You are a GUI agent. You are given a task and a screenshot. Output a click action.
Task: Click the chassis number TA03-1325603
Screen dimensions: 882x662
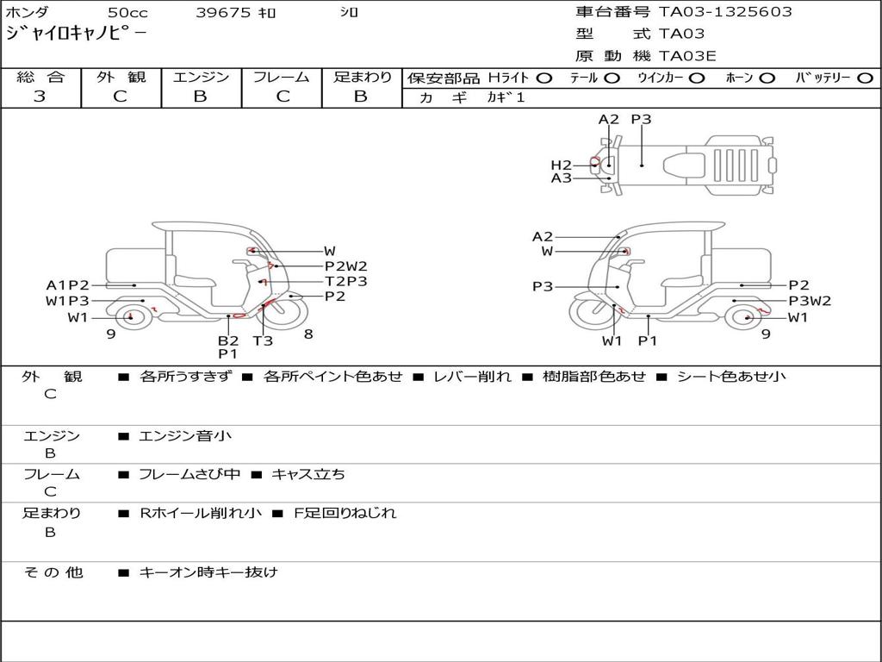[725, 12]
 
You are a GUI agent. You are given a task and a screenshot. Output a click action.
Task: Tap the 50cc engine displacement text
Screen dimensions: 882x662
[127, 13]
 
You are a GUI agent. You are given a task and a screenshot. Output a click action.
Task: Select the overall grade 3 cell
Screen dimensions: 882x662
[40, 97]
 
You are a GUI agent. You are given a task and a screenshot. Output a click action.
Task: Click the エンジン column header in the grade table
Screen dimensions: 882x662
[201, 77]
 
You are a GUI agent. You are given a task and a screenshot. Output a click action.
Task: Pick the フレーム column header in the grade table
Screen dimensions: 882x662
[282, 77]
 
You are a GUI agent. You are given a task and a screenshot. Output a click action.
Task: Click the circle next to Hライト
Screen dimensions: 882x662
[545, 78]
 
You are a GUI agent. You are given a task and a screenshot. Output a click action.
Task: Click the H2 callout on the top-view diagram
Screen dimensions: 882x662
[561, 165]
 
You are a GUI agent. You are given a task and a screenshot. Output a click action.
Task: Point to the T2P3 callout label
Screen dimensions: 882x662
[345, 281]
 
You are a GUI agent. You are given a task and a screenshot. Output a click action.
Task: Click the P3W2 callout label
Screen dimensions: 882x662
[810, 301]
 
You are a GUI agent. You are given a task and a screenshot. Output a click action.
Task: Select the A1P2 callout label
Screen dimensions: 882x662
[68, 285]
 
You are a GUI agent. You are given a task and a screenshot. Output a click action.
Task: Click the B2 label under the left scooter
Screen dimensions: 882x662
[227, 340]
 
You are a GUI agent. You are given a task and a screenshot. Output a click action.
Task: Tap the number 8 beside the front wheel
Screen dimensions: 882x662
[307, 334]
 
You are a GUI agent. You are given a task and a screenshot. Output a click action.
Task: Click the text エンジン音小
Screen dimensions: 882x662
[185, 436]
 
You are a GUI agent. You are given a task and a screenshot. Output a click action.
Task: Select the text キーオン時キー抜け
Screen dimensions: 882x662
[208, 572]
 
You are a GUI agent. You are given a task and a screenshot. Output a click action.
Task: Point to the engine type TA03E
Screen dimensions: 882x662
[687, 56]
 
